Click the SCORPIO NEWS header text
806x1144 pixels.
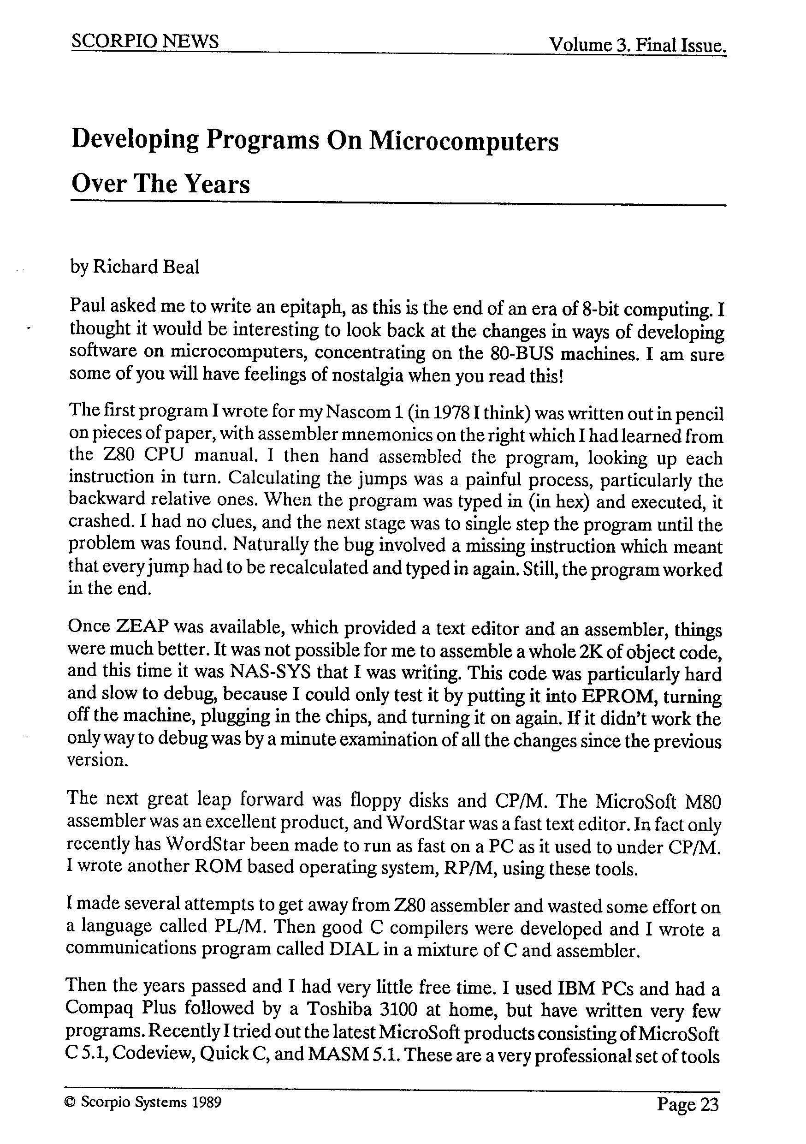[144, 42]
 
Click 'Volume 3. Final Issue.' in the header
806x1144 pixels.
[637, 46]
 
